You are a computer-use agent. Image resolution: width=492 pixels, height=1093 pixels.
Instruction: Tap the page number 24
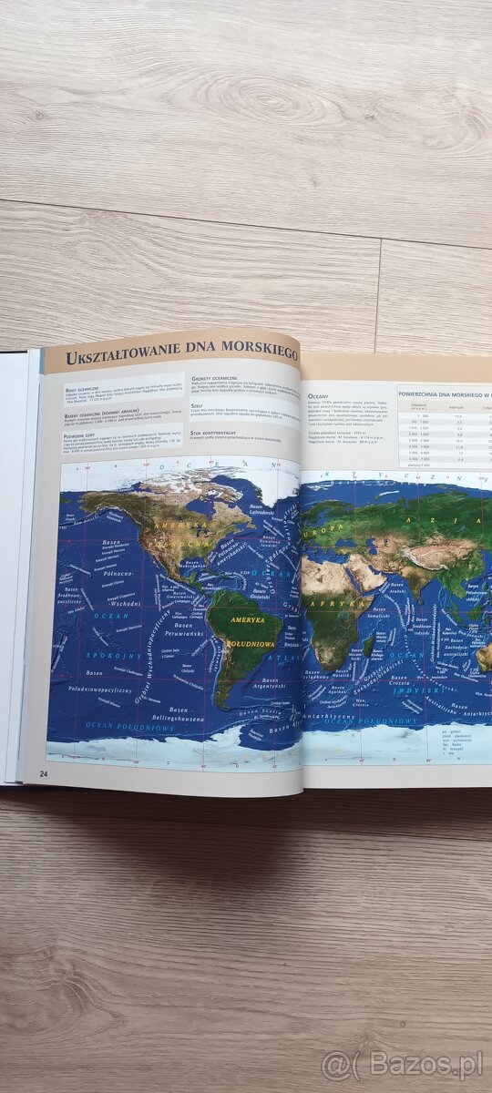(44, 773)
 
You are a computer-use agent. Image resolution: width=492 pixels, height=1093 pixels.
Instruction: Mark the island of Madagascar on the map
(369, 648)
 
